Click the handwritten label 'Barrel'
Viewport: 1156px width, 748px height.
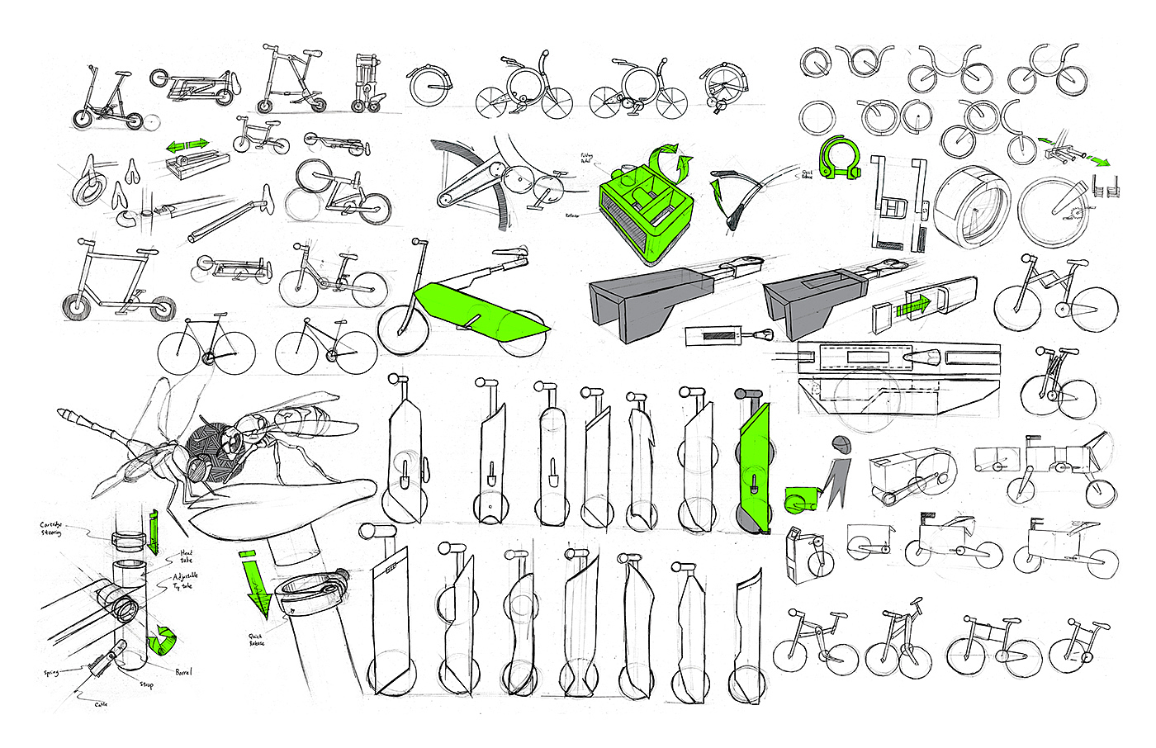click(x=183, y=672)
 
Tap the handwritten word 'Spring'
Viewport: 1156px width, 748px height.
click(x=51, y=674)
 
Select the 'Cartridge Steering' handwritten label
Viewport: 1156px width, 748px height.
click(x=51, y=528)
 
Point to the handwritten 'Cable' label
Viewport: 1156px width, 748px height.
click(x=100, y=704)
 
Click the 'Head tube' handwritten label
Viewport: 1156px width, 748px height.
click(x=187, y=556)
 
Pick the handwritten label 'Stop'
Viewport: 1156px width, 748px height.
click(x=146, y=684)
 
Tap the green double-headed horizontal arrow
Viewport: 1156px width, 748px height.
click(x=187, y=146)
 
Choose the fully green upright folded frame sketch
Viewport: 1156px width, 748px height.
click(x=755, y=466)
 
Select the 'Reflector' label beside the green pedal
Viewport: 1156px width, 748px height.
click(x=572, y=215)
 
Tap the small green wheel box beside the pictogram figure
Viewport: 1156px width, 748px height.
click(x=799, y=499)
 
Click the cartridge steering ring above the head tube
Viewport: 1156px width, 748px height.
click(x=130, y=540)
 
